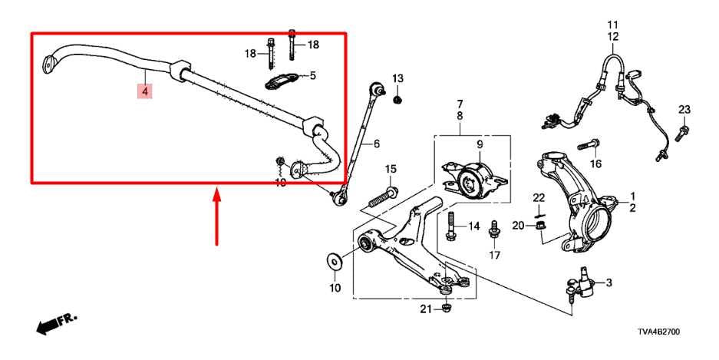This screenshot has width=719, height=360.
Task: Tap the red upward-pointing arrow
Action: [217, 218]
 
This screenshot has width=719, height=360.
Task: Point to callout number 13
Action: [397, 79]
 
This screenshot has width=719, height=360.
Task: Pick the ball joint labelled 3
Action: [581, 283]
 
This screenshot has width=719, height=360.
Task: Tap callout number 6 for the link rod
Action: [376, 143]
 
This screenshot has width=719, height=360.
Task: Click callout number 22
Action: [539, 199]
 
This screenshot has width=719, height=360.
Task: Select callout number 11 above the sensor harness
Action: [613, 25]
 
